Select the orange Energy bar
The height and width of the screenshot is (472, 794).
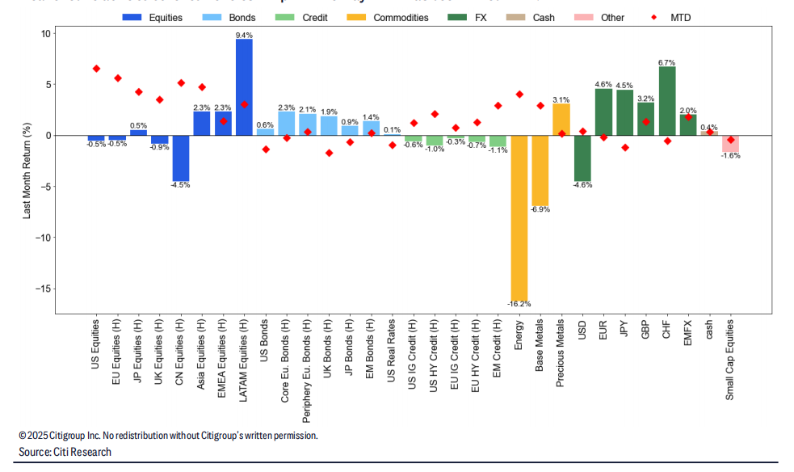click(x=519, y=217)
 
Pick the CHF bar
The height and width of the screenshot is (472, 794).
click(x=667, y=100)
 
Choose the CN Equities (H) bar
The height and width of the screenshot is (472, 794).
click(x=181, y=158)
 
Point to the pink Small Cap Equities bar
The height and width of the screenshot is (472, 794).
click(x=730, y=143)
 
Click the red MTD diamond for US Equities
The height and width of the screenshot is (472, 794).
click(x=96, y=69)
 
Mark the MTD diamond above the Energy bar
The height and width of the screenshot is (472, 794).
click(x=519, y=95)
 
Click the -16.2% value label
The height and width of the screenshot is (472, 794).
click(x=519, y=304)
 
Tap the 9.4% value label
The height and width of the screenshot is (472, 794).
click(x=244, y=35)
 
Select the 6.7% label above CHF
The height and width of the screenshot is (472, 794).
click(x=667, y=62)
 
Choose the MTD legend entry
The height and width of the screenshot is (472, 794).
click(x=673, y=17)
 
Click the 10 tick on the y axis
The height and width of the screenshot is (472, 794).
click(x=45, y=33)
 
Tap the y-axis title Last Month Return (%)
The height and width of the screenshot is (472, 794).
click(x=26, y=171)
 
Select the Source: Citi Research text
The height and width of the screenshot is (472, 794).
click(x=65, y=452)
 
